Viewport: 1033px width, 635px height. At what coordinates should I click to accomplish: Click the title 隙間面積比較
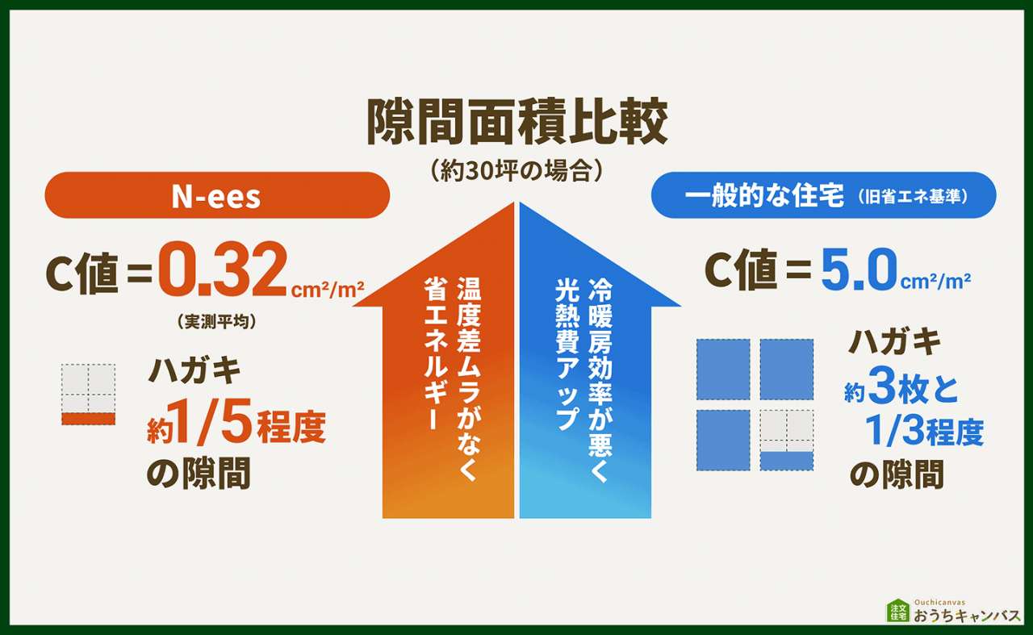(516, 123)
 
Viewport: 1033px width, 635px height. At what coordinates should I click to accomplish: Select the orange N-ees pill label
(217, 196)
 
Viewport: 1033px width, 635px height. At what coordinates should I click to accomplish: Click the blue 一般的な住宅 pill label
(823, 196)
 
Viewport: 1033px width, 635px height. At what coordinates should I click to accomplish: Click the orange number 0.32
(222, 273)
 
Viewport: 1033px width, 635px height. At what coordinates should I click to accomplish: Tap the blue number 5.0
(859, 272)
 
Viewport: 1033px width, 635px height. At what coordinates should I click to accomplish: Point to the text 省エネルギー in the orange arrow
(436, 353)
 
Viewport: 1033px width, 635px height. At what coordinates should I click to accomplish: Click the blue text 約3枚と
(901, 392)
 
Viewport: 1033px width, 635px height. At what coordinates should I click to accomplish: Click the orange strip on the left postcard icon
(89, 419)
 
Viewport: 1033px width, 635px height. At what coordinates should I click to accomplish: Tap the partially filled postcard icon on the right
(787, 441)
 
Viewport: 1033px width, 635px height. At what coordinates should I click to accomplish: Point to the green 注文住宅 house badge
(898, 611)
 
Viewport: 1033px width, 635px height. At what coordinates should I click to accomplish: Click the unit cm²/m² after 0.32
(328, 288)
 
